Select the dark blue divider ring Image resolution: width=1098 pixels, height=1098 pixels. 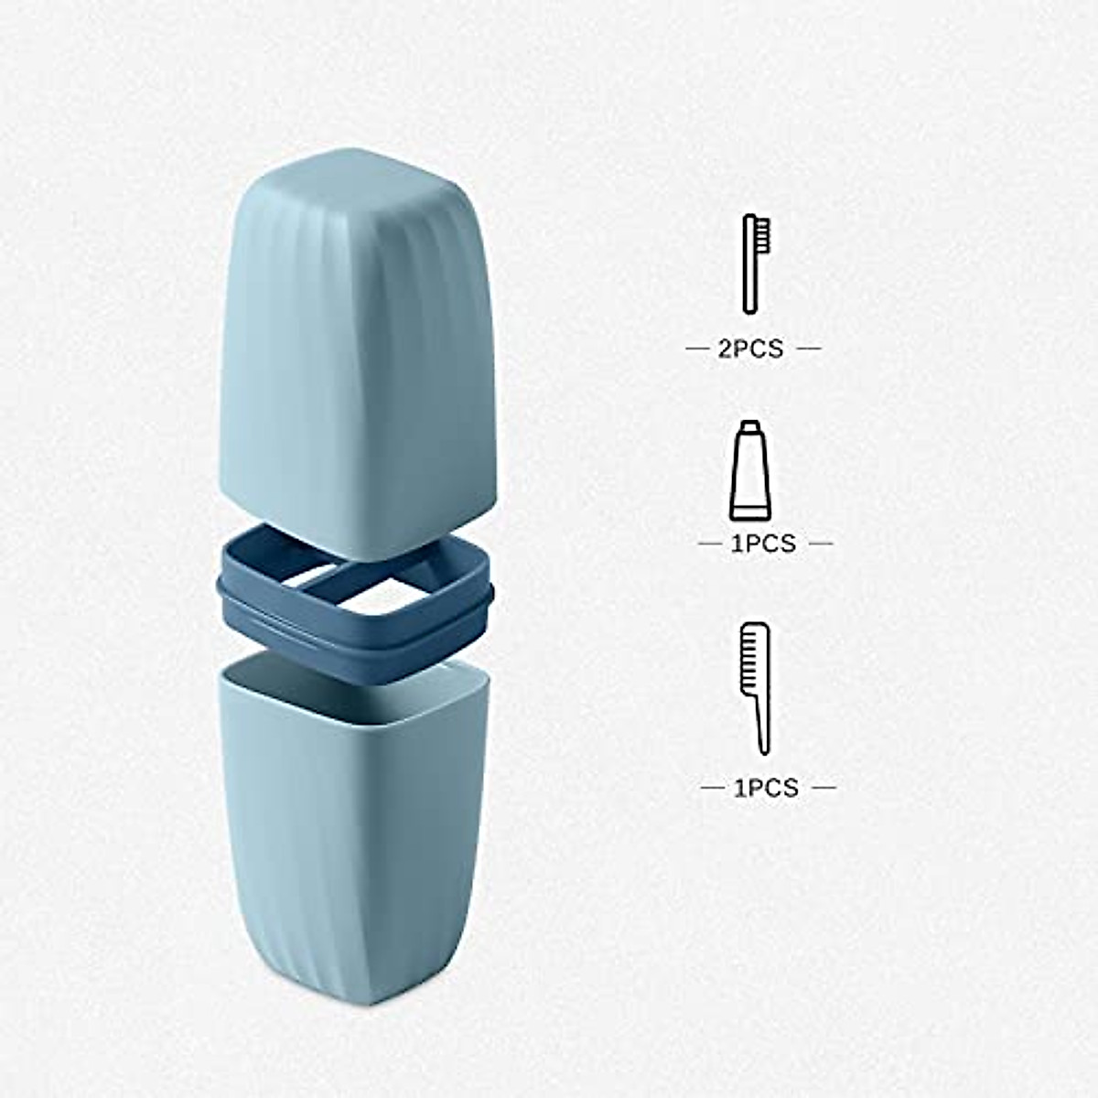(x=357, y=640)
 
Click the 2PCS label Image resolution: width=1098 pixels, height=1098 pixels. (x=751, y=349)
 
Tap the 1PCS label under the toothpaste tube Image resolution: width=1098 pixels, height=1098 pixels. (x=764, y=544)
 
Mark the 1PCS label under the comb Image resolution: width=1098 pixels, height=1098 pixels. (x=767, y=787)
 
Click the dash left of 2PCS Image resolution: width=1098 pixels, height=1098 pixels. (x=697, y=349)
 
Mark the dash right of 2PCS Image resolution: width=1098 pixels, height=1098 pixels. (x=807, y=349)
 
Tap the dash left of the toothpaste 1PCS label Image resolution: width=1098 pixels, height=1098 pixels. (x=710, y=544)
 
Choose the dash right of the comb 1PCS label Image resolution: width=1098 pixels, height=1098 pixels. (x=823, y=787)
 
